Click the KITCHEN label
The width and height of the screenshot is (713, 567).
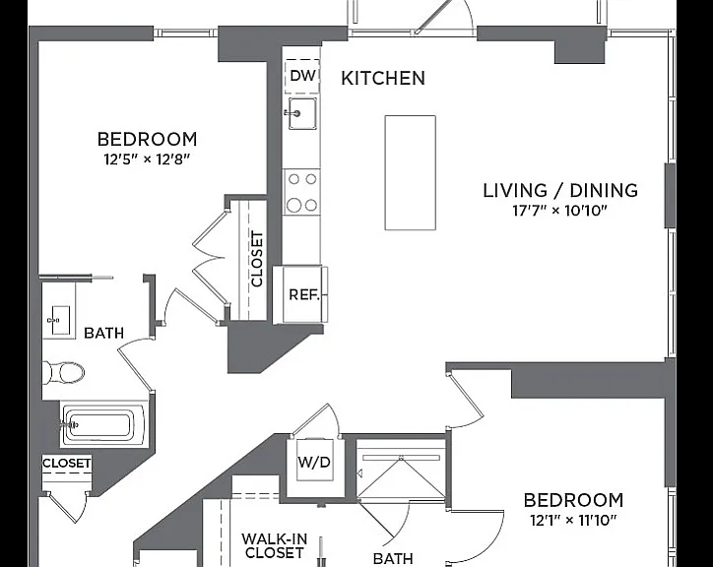point(383,78)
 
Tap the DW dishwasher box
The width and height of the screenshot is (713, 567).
point(302,76)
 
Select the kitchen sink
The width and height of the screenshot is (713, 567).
point(302,113)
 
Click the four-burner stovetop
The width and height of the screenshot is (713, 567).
point(302,192)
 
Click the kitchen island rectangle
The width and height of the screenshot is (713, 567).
point(410,173)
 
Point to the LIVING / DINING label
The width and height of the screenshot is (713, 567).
point(560,190)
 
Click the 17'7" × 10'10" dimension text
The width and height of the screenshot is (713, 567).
point(560,211)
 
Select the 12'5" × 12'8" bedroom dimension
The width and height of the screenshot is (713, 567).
point(147,159)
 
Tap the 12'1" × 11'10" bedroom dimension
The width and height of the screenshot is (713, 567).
point(573,519)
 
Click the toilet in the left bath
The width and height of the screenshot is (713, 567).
point(63,373)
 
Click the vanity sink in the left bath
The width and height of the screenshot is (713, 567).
point(59,320)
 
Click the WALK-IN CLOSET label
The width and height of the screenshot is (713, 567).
point(275,545)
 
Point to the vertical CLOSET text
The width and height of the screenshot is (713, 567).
point(257,259)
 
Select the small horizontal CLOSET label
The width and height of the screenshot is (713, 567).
point(66,463)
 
